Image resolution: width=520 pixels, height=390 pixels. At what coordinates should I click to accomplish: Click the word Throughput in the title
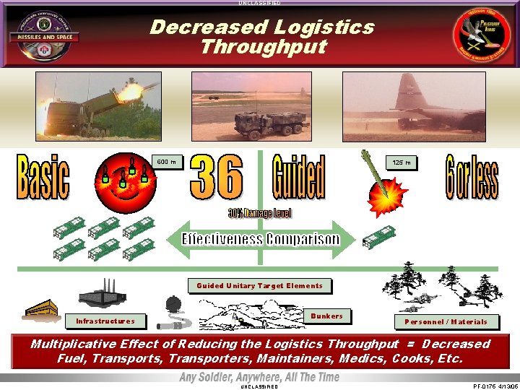(x=263, y=48)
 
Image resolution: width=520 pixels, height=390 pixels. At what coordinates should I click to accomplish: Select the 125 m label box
(x=402, y=163)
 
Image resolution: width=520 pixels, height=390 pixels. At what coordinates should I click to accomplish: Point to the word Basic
(x=43, y=177)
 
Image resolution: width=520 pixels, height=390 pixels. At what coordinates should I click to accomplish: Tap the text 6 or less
(x=471, y=176)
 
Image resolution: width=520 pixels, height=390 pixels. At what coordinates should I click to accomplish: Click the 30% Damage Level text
(x=260, y=214)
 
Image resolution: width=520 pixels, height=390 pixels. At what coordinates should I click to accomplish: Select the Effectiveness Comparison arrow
(x=260, y=238)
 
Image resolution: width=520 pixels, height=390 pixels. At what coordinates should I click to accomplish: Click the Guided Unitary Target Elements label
(x=259, y=286)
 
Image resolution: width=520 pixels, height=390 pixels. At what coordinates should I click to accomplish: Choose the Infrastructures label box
(x=105, y=321)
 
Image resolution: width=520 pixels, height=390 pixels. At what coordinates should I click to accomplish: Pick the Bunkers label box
(x=326, y=316)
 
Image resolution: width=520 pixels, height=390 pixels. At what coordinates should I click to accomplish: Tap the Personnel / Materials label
(x=446, y=321)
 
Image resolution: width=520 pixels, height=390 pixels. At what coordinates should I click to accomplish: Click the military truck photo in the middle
(x=261, y=105)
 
